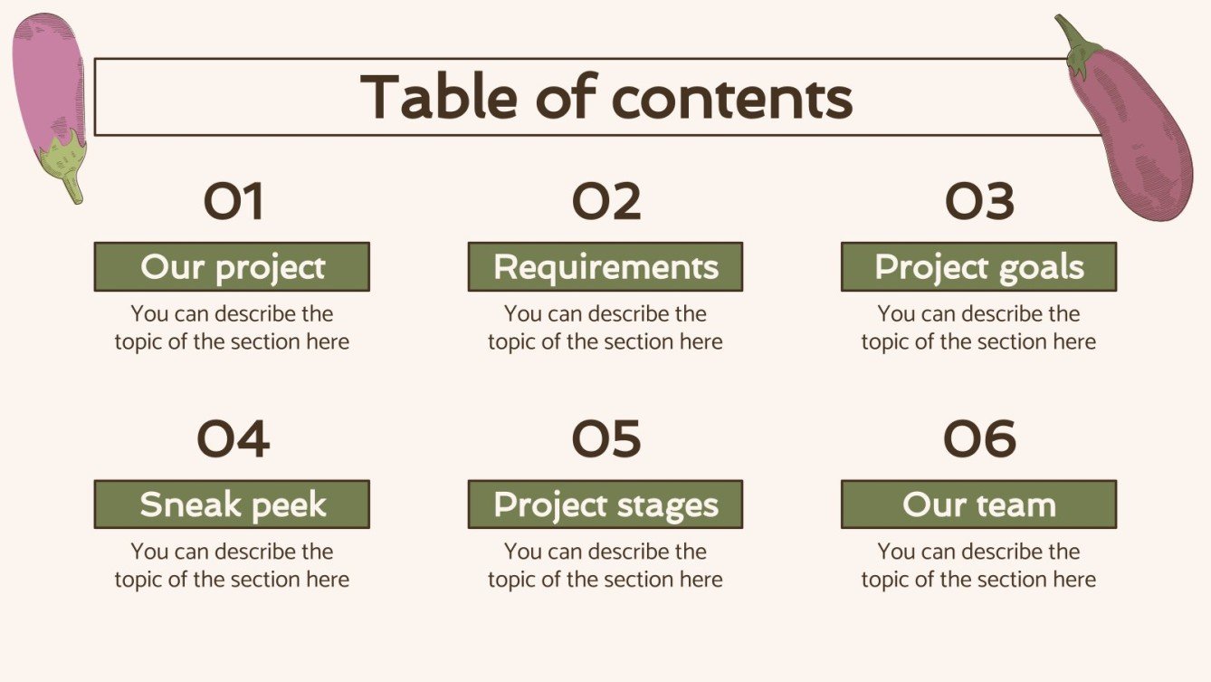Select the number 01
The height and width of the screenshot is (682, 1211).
click(233, 202)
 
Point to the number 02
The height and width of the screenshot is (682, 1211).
click(605, 202)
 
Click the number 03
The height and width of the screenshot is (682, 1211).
click(978, 202)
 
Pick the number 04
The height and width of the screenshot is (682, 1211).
click(233, 439)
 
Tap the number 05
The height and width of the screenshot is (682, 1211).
click(605, 439)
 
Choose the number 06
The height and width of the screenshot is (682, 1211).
click(978, 439)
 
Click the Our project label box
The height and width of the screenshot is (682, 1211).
click(232, 267)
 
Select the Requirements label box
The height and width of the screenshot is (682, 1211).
click(605, 267)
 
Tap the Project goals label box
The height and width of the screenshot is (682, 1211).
click(978, 267)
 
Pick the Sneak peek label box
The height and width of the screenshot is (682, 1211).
click(232, 504)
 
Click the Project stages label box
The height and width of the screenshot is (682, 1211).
click(605, 504)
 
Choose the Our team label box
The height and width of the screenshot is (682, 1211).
click(978, 504)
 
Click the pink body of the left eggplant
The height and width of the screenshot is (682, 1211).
click(47, 77)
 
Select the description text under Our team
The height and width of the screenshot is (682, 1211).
click(978, 565)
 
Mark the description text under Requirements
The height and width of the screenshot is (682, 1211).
click(605, 328)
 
